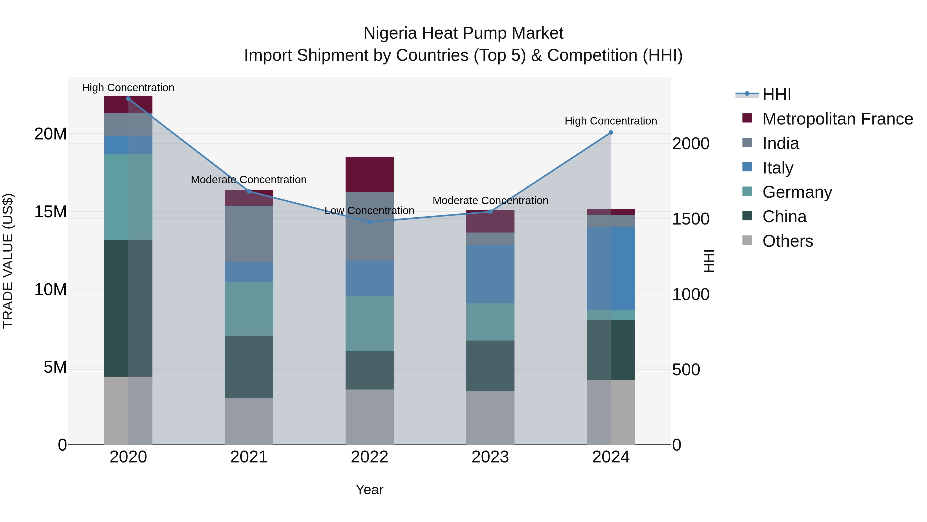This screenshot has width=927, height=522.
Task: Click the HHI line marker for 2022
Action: pos(370,222)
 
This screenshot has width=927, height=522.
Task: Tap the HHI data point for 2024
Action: pos(611,132)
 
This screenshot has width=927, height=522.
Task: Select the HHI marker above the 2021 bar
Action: pos(249,191)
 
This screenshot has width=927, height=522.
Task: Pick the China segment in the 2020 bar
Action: pos(128,308)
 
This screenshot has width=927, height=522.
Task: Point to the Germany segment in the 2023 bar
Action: pos(490,322)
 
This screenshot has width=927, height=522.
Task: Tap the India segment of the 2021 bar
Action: pos(249,234)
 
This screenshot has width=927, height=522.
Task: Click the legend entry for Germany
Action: pos(797,192)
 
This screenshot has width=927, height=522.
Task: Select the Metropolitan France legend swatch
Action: pos(747,118)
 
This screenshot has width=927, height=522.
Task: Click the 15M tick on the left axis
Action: pos(50,212)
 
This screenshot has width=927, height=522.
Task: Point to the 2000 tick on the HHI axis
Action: pos(691,144)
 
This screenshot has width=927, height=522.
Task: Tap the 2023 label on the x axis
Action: pos(490,457)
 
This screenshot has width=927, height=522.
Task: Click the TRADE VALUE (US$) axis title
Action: pos(8,261)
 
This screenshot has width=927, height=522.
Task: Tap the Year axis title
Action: pos(369,490)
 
